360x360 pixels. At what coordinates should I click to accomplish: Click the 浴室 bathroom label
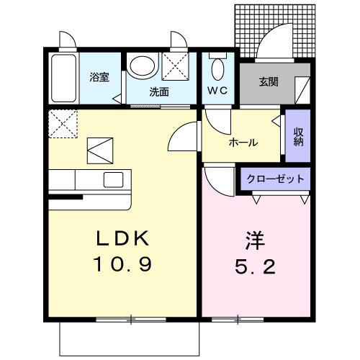pyautogui.click(x=99, y=77)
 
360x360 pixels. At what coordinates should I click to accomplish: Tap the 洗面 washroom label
pyautogui.click(x=159, y=92)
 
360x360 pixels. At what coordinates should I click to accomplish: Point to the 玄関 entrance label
pyautogui.click(x=270, y=80)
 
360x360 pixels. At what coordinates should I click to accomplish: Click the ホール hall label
pyautogui.click(x=243, y=143)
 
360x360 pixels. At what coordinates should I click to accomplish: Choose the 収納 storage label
pyautogui.click(x=298, y=136)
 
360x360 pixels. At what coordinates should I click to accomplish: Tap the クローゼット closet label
pyautogui.click(x=275, y=179)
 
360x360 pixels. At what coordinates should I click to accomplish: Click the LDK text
pyautogui.click(x=120, y=238)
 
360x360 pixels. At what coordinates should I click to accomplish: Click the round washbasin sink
pyautogui.click(x=143, y=67)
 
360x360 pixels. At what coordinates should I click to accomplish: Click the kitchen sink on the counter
pyautogui.click(x=114, y=179)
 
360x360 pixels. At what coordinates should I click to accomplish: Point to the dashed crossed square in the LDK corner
pyautogui.click(x=62, y=124)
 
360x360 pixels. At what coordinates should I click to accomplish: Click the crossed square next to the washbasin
pyautogui.click(x=176, y=67)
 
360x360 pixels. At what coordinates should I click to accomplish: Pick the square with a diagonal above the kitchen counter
pyautogui.click(x=100, y=150)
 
